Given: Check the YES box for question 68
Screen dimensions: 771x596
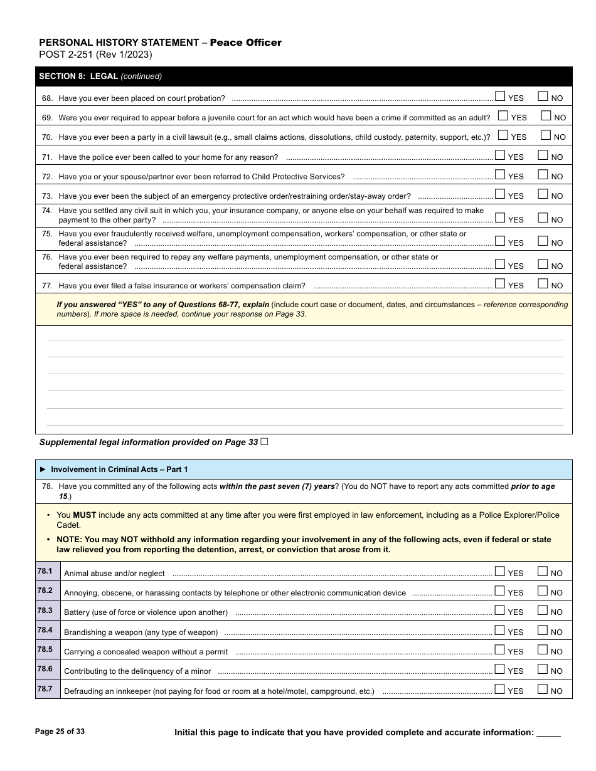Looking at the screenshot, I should (500, 97).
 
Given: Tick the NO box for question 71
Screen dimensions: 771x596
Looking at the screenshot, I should (543, 155).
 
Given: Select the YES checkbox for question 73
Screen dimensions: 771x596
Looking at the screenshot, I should (500, 194).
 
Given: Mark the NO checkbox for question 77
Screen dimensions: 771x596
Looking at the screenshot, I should (543, 284).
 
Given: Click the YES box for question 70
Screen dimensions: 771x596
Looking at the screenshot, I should (503, 135).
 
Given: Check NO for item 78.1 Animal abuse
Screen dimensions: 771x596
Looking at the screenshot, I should (543, 571).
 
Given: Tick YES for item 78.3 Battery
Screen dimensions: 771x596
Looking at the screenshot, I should (500, 610).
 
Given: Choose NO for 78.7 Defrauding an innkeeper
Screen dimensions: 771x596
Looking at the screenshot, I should (543, 689).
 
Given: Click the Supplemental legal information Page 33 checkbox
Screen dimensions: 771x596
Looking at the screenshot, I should (264, 441).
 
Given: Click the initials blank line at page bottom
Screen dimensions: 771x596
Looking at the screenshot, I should (549, 733).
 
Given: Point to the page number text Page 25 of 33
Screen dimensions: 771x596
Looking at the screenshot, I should (60, 732).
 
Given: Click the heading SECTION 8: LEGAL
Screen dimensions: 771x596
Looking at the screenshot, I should (78, 76).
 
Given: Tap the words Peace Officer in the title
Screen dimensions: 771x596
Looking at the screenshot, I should (245, 43).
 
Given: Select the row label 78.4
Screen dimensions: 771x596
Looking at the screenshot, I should (45, 630).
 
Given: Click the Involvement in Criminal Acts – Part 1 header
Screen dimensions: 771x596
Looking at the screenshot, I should (119, 469).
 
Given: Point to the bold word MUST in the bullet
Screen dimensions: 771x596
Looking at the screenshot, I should (85, 515).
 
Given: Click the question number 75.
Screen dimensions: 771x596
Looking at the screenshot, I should (47, 234).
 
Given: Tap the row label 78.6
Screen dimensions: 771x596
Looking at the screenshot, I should (45, 669).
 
